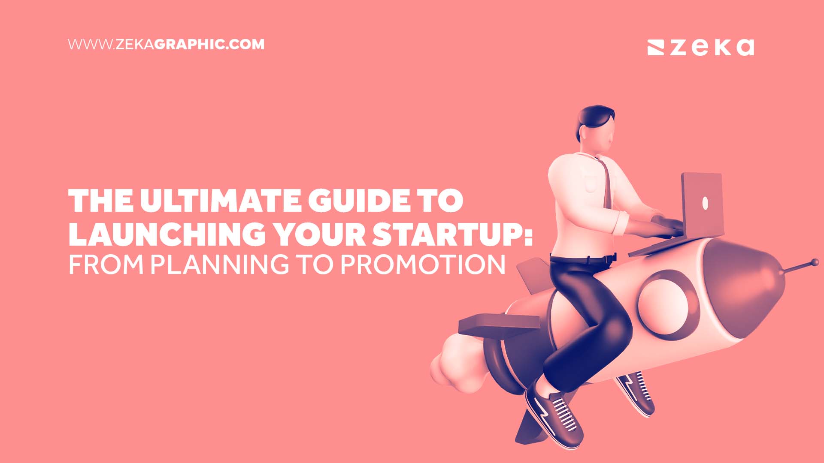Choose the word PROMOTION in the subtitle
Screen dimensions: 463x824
click(423, 265)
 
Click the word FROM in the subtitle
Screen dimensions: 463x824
click(106, 265)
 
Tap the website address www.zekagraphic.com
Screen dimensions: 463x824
click(166, 45)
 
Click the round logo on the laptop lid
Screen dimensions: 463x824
click(705, 203)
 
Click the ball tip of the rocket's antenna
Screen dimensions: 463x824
click(814, 262)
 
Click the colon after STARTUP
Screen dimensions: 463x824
click(529, 235)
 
